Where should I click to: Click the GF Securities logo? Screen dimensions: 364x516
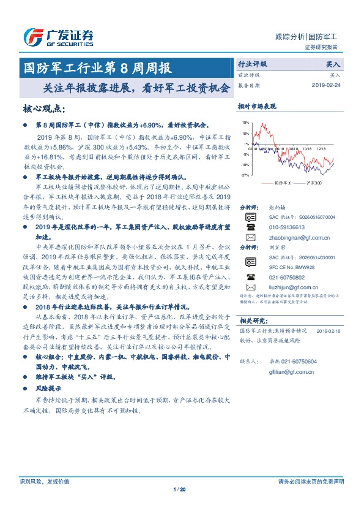coord(58,37)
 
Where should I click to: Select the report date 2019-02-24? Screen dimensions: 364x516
coord(327,85)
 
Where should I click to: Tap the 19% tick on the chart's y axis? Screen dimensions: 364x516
coord(245,123)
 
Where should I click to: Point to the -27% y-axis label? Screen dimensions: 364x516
coord(245,175)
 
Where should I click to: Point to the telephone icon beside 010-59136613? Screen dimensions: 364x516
coord(251,227)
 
